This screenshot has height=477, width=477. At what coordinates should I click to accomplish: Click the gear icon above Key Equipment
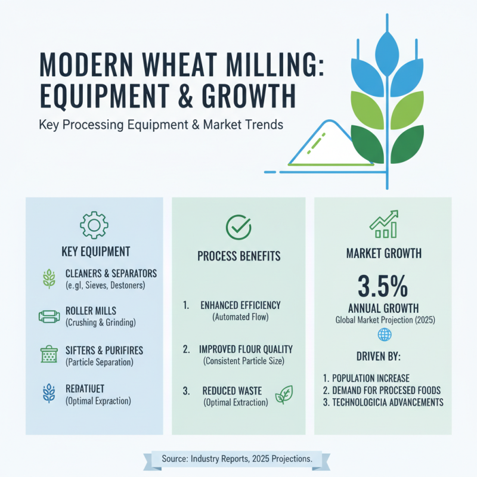(x=94, y=225)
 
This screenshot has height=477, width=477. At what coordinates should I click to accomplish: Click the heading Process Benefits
(x=238, y=256)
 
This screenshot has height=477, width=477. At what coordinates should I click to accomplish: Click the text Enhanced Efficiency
(x=240, y=305)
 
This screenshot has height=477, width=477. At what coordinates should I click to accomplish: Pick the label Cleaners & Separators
(x=111, y=273)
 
